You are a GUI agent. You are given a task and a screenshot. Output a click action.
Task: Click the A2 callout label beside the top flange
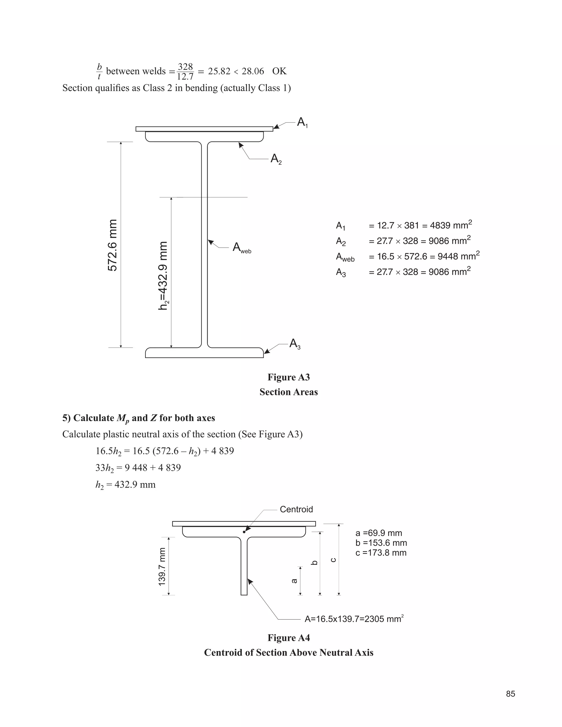tap(276, 159)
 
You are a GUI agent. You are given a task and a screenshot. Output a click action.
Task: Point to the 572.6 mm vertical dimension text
tap(113, 245)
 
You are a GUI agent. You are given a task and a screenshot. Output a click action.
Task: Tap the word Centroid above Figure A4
tap(296, 509)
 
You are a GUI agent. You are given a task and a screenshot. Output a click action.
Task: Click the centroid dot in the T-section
tap(244, 532)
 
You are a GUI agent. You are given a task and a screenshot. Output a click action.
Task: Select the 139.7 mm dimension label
tap(162, 567)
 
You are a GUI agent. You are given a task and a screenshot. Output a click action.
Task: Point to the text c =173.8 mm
tap(381, 553)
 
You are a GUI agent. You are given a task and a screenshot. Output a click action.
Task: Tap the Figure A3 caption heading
tap(288, 377)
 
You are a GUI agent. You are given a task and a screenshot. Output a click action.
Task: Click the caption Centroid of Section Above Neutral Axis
tap(288, 652)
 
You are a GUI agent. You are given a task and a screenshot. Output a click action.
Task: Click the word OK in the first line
tap(279, 71)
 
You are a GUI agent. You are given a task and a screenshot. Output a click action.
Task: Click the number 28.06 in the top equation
tap(253, 71)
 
